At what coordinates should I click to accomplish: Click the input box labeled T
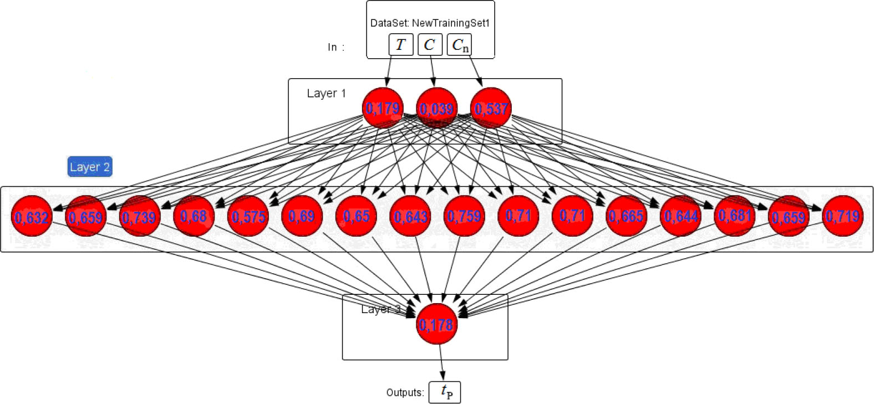tap(401, 45)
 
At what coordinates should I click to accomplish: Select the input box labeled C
tap(430, 45)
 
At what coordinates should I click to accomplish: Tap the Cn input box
tap(460, 45)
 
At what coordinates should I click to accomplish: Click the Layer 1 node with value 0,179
tap(383, 108)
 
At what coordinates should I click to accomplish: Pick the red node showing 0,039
tap(436, 108)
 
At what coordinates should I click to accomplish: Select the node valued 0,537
tap(491, 108)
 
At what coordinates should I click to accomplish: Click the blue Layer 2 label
tap(90, 167)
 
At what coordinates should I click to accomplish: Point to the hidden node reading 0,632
tap(32, 216)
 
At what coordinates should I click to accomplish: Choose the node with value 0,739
tap(140, 216)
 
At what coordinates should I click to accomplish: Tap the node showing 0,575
tap(248, 216)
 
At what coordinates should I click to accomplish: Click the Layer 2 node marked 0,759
tap(464, 216)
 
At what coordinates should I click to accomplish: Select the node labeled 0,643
tap(410, 216)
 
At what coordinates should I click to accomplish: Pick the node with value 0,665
tap(626, 216)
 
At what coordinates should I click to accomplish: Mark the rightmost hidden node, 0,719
tap(842, 216)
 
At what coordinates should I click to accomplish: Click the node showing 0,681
tap(734, 216)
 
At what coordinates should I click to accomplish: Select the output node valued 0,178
tap(437, 324)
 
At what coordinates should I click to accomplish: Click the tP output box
tap(445, 392)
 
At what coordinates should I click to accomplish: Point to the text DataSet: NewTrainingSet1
tap(430, 23)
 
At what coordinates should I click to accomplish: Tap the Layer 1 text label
tap(326, 93)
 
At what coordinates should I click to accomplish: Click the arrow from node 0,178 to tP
tap(441, 362)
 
